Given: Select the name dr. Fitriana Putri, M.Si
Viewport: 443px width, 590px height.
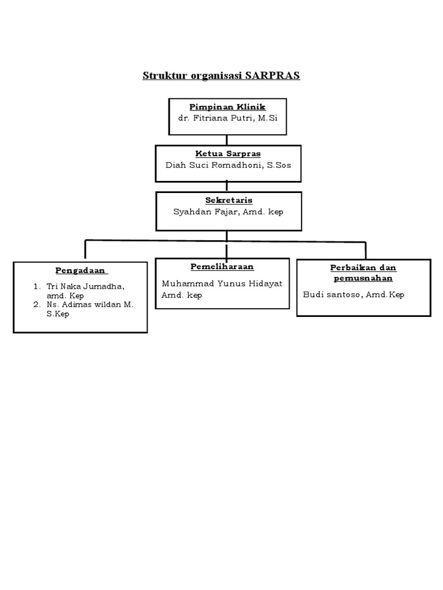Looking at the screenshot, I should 228,118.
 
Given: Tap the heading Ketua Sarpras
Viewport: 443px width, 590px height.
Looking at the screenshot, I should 228,154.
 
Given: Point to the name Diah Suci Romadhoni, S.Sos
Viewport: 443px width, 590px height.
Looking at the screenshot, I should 228,165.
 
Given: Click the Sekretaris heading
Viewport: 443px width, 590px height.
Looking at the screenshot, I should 229,201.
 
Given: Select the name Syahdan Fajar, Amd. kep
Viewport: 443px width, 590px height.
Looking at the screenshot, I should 228,211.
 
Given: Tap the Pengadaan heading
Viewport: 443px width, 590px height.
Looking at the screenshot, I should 81,271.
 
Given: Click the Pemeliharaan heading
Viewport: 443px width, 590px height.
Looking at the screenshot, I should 222,267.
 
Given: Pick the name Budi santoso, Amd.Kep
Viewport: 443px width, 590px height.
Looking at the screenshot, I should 354,294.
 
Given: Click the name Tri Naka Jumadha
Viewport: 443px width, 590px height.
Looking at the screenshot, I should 85,286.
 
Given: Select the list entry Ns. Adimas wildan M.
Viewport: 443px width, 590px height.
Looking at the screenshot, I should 90,305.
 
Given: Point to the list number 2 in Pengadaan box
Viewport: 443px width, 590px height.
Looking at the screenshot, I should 36,305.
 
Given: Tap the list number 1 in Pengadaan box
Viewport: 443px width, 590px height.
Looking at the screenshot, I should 36,286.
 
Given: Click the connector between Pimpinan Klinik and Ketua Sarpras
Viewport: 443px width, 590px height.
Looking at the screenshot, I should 227,139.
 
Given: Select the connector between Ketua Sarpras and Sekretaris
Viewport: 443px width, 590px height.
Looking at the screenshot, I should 227,186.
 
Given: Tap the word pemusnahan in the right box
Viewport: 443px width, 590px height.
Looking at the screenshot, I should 363,278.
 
